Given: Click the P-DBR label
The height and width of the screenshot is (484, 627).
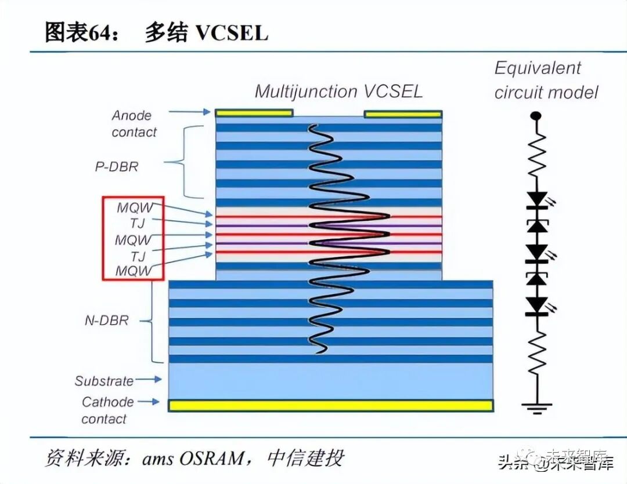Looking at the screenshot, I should tap(117, 166).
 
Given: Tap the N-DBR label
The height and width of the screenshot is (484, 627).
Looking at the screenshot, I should tap(106, 320).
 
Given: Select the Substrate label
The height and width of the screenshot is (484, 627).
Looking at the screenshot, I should tap(104, 381).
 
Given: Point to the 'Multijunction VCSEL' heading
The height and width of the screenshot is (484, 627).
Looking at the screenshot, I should tap(338, 91).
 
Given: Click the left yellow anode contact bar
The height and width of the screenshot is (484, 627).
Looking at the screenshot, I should tap(254, 113).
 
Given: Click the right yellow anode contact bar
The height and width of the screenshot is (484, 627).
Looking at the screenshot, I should tap(402, 114).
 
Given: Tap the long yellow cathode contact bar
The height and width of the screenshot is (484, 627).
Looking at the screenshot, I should tap(330, 405).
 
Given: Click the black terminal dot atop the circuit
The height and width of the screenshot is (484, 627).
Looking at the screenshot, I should tap(536, 117).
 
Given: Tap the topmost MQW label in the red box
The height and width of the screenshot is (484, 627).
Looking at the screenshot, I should tap(134, 208).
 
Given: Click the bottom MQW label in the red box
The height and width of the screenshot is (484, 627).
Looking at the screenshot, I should tap(134, 271).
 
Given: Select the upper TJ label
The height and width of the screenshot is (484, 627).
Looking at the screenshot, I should tap(138, 223).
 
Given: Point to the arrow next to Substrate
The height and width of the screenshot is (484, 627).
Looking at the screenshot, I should tap(149, 380).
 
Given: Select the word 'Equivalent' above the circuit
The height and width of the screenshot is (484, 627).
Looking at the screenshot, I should tap(537, 68).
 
